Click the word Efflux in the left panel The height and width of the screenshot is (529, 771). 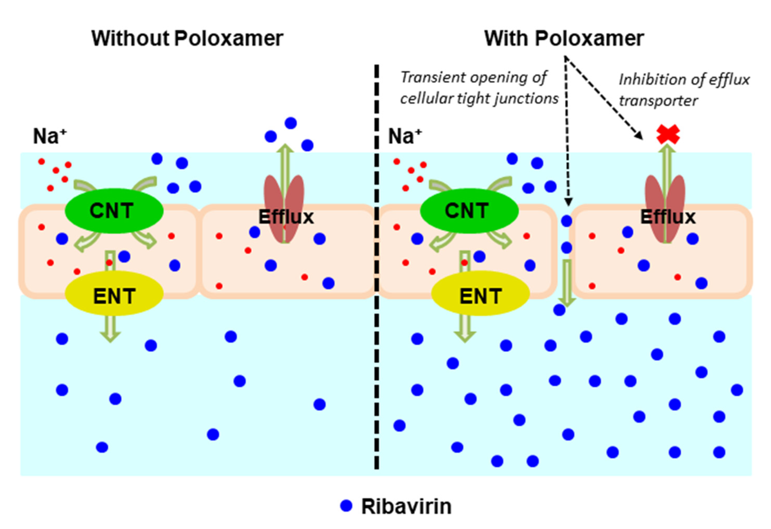[x=286, y=218]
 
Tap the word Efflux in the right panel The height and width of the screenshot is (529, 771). [x=667, y=218]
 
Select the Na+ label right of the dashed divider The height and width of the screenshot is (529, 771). [x=405, y=136]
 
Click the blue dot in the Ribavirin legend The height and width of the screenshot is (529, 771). [x=346, y=506]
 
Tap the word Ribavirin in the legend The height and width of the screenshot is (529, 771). [x=406, y=507]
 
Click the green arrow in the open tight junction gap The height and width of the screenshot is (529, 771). [x=567, y=282]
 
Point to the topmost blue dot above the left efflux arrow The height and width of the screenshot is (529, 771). [x=290, y=123]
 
